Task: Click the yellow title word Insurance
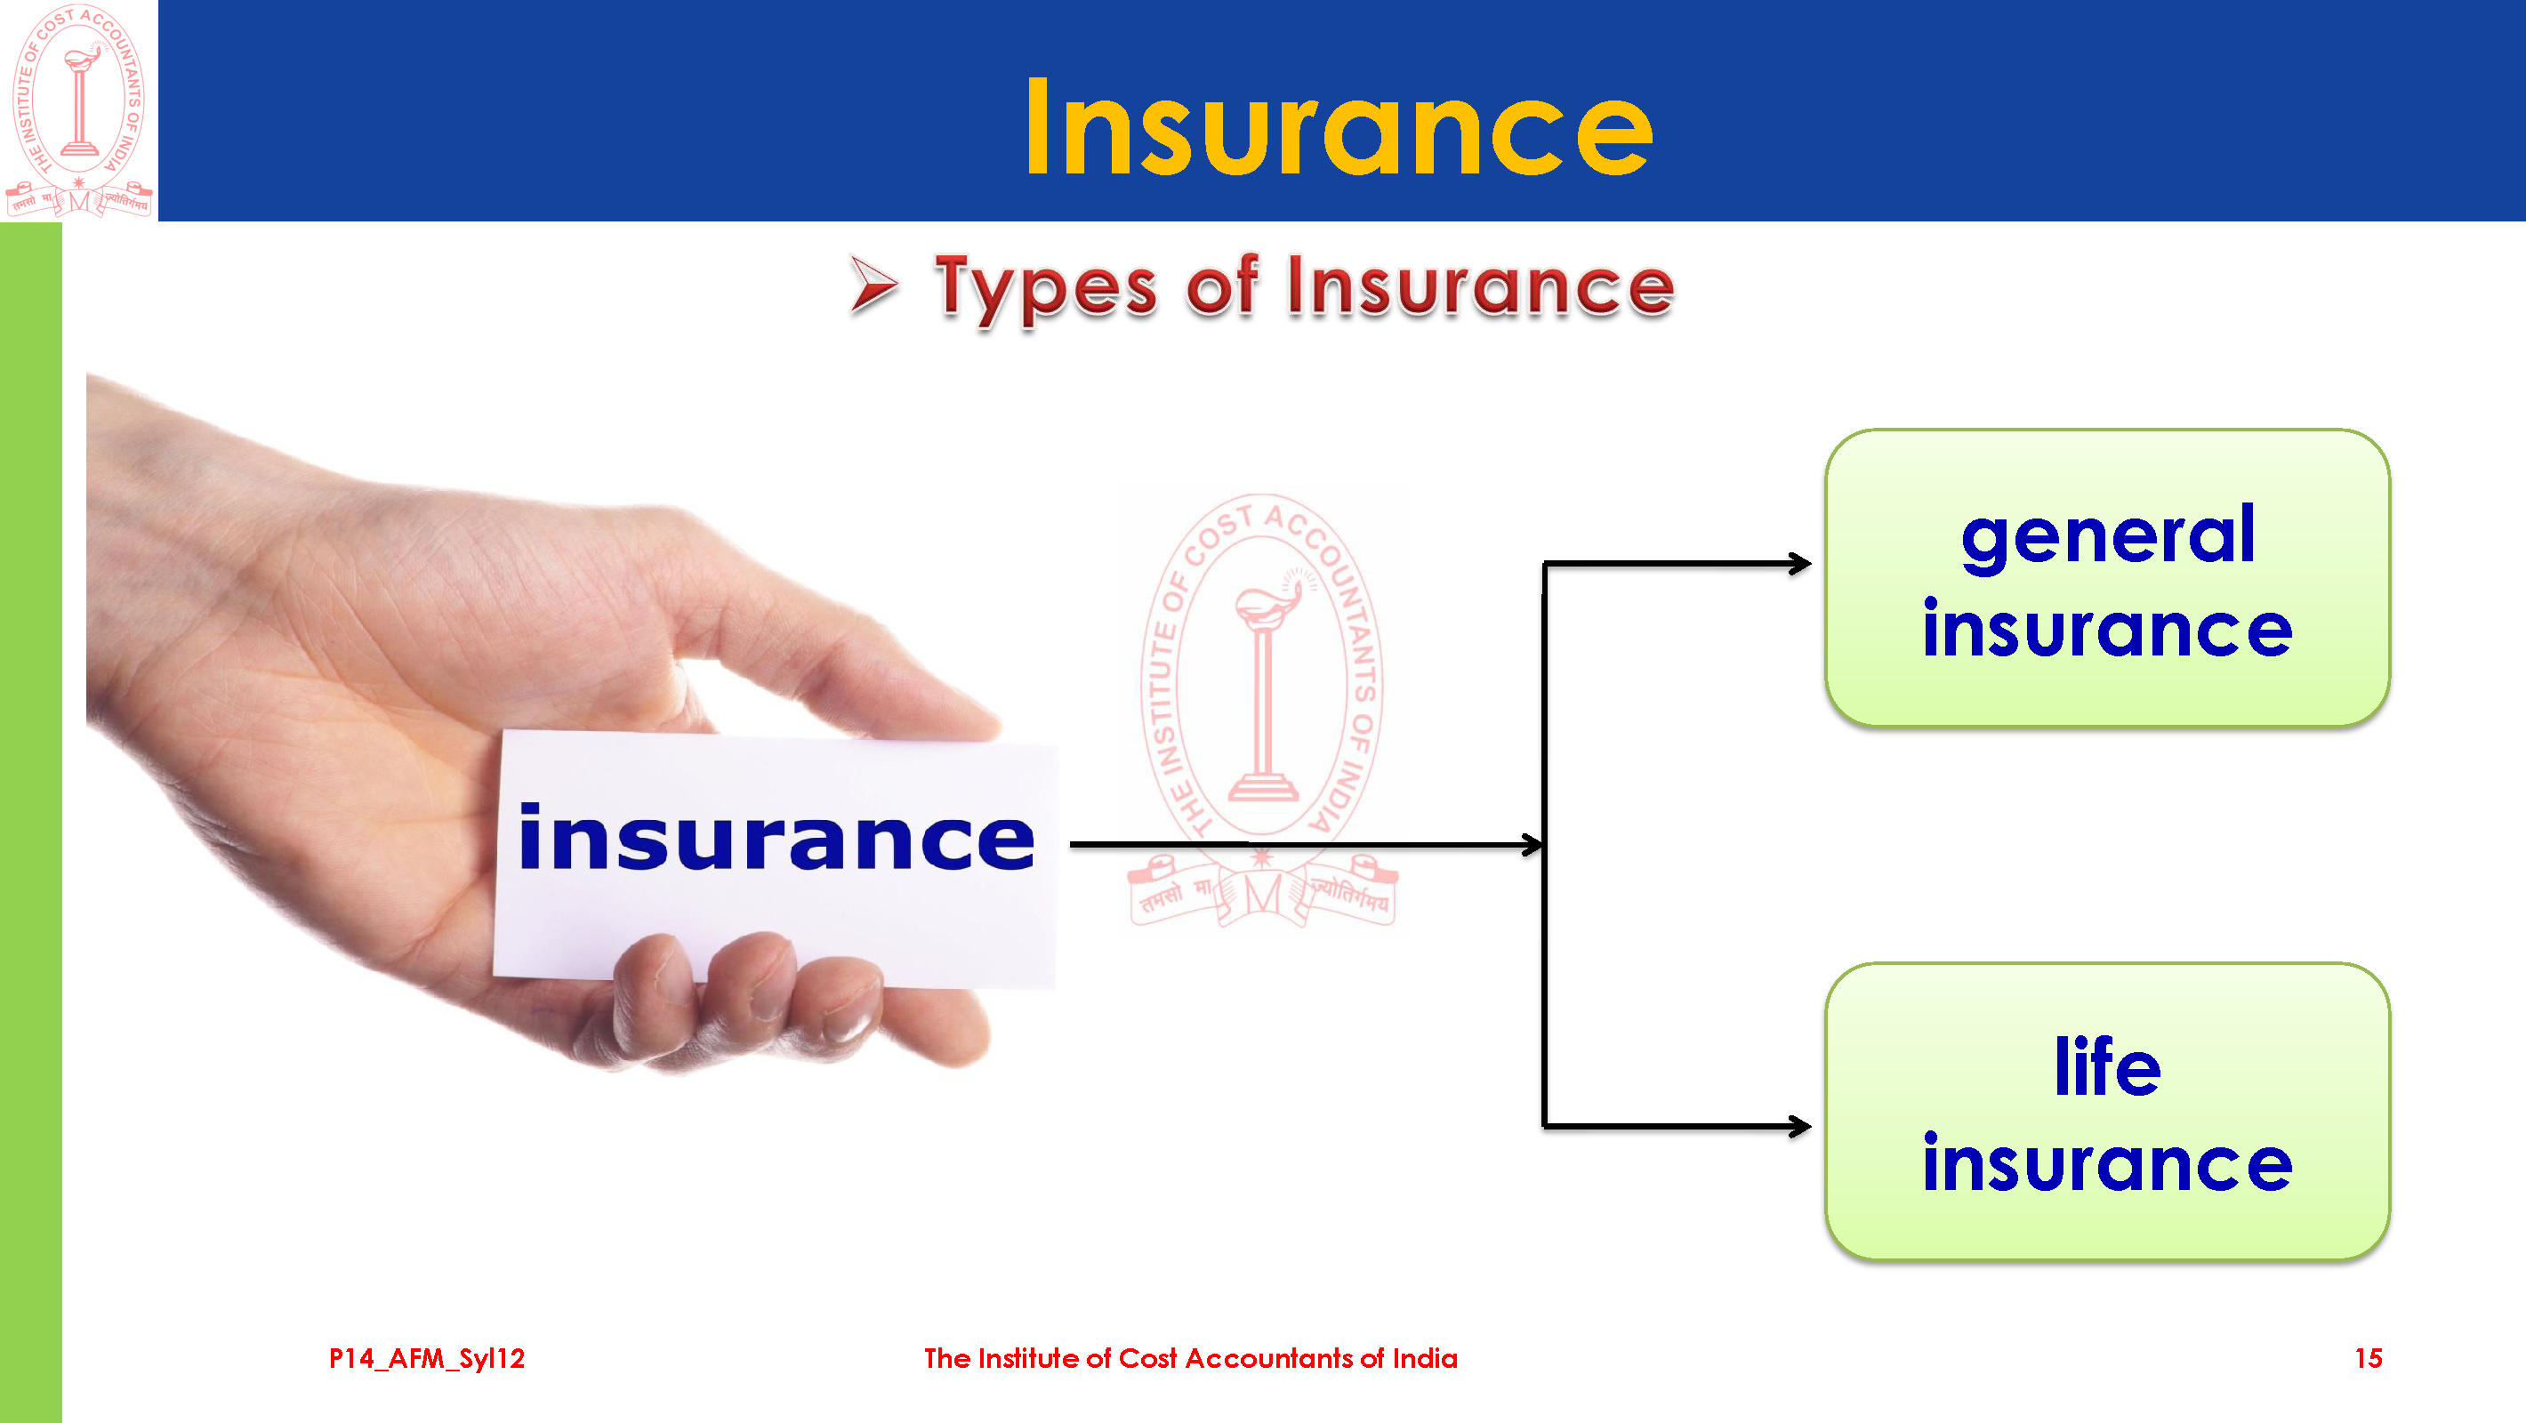point(1339,127)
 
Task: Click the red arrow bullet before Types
point(873,285)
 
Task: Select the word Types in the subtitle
point(1046,287)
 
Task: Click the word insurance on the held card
point(776,838)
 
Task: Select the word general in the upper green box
point(2108,536)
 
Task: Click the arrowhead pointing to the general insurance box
point(1800,563)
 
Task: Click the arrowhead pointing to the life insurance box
point(1800,1126)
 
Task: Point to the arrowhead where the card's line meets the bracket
point(1532,844)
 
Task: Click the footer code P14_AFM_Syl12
point(427,1358)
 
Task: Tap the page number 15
point(2368,1358)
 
